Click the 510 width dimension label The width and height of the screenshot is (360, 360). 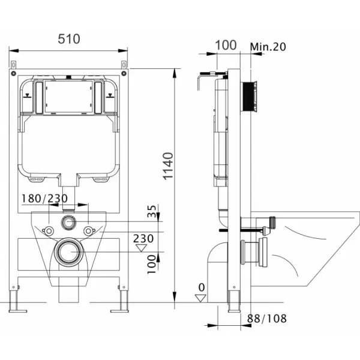point(69,39)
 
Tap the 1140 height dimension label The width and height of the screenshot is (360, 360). point(168,166)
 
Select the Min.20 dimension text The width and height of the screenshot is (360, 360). point(268,47)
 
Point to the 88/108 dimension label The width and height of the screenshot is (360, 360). point(267,319)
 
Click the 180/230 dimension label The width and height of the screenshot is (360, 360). point(44,199)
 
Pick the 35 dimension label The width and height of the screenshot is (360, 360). point(152,211)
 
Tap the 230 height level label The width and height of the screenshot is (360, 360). point(143,239)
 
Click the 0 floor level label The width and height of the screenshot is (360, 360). point(202,287)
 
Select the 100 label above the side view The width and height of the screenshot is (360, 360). point(226,45)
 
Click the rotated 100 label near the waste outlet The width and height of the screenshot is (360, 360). point(152,264)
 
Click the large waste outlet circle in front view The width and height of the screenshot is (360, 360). point(68,252)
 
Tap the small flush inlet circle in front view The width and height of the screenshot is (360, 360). point(68,222)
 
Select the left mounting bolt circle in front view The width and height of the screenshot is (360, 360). point(49,231)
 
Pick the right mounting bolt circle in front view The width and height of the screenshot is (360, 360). point(88,231)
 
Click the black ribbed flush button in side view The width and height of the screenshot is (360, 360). point(248,97)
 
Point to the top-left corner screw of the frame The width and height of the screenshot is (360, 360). point(13,73)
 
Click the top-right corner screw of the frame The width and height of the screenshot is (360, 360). point(124,73)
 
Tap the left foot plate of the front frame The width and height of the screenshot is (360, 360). point(18,311)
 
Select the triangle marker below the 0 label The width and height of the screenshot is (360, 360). point(200,298)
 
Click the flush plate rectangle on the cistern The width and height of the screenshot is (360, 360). point(68,97)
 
